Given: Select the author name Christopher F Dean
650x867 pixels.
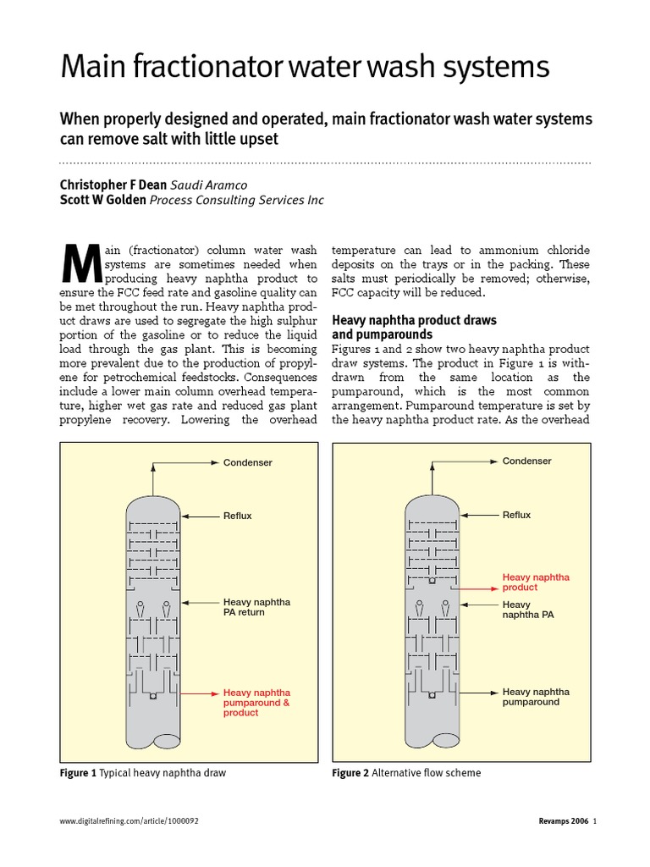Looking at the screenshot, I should (113, 185).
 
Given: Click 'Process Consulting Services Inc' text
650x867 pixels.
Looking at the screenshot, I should (236, 200).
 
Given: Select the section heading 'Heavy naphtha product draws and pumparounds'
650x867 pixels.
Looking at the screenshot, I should (414, 328).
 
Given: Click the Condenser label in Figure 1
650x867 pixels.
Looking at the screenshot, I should (247, 462).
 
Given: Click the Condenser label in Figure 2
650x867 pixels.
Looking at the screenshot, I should (526, 461).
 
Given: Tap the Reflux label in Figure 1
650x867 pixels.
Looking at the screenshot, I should (237, 515).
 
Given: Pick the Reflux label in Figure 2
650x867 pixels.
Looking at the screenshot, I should (516, 515).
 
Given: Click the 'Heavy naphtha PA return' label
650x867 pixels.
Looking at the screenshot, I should (256, 607).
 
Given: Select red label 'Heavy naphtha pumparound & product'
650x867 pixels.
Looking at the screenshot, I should (257, 703).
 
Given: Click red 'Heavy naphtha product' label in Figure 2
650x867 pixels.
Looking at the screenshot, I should (536, 582).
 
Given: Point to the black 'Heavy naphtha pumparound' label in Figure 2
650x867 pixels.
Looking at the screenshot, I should (536, 697).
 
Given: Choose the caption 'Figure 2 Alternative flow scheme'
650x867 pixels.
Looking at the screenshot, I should (406, 773).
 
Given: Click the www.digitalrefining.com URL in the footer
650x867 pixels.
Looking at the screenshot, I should (129, 821).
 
